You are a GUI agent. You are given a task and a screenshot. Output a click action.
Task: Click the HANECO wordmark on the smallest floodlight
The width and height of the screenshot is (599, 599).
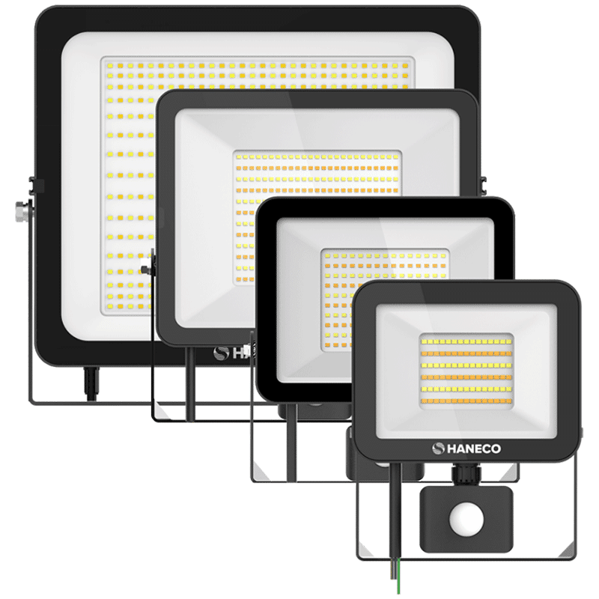pyautogui.click(x=473, y=449)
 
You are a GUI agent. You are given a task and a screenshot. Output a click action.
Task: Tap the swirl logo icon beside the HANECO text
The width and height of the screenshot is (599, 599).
pyautogui.click(x=438, y=449)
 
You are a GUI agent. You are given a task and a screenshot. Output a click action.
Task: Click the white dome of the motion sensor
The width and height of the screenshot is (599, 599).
pyautogui.click(x=466, y=520)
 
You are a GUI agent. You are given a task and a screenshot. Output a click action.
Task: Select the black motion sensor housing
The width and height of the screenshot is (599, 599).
pyautogui.click(x=466, y=519)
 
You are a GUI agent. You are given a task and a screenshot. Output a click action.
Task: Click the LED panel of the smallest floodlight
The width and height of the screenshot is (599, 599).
pyautogui.click(x=466, y=371)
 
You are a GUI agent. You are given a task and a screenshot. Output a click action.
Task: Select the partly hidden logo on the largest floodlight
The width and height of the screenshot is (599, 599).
pyautogui.click(x=234, y=353)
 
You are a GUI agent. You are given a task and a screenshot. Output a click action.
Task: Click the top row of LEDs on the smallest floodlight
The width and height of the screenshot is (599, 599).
pyautogui.click(x=466, y=342)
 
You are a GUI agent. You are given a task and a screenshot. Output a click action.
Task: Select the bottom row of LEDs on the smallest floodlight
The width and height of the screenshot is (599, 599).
pyautogui.click(x=466, y=401)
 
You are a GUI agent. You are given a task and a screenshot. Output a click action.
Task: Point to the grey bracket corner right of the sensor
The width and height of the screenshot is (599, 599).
pyautogui.click(x=567, y=553)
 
